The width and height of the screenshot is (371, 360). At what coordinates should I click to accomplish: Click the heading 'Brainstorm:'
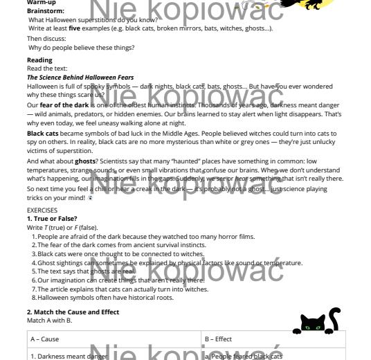(46, 12)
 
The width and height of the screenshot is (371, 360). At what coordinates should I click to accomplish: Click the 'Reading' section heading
(39, 60)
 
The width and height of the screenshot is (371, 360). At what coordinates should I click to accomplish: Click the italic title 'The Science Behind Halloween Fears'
(80, 78)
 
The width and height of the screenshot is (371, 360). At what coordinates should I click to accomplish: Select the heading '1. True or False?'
(52, 219)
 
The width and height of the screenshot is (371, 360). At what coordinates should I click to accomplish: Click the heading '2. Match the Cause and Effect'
(73, 312)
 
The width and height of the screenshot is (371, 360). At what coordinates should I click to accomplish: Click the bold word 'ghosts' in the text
(85, 161)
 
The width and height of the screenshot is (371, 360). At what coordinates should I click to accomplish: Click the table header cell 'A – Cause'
(45, 339)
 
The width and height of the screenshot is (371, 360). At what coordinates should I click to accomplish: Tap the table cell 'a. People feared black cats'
(243, 356)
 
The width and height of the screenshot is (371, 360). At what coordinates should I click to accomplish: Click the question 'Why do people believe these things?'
(81, 48)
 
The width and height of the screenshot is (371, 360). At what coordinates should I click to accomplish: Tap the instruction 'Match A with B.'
(49, 321)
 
